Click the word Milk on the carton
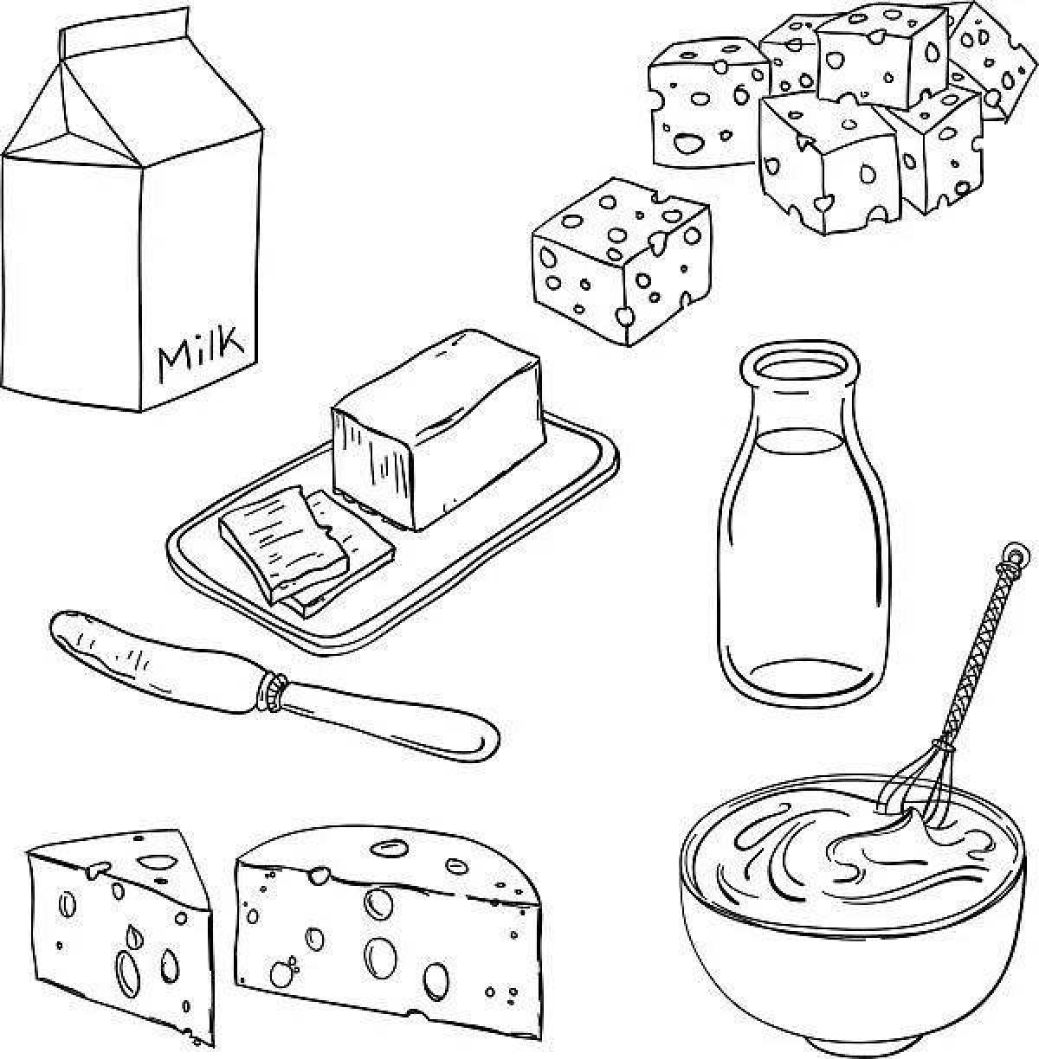click(198, 351)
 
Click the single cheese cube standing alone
click(619, 260)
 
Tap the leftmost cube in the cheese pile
click(701, 104)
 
